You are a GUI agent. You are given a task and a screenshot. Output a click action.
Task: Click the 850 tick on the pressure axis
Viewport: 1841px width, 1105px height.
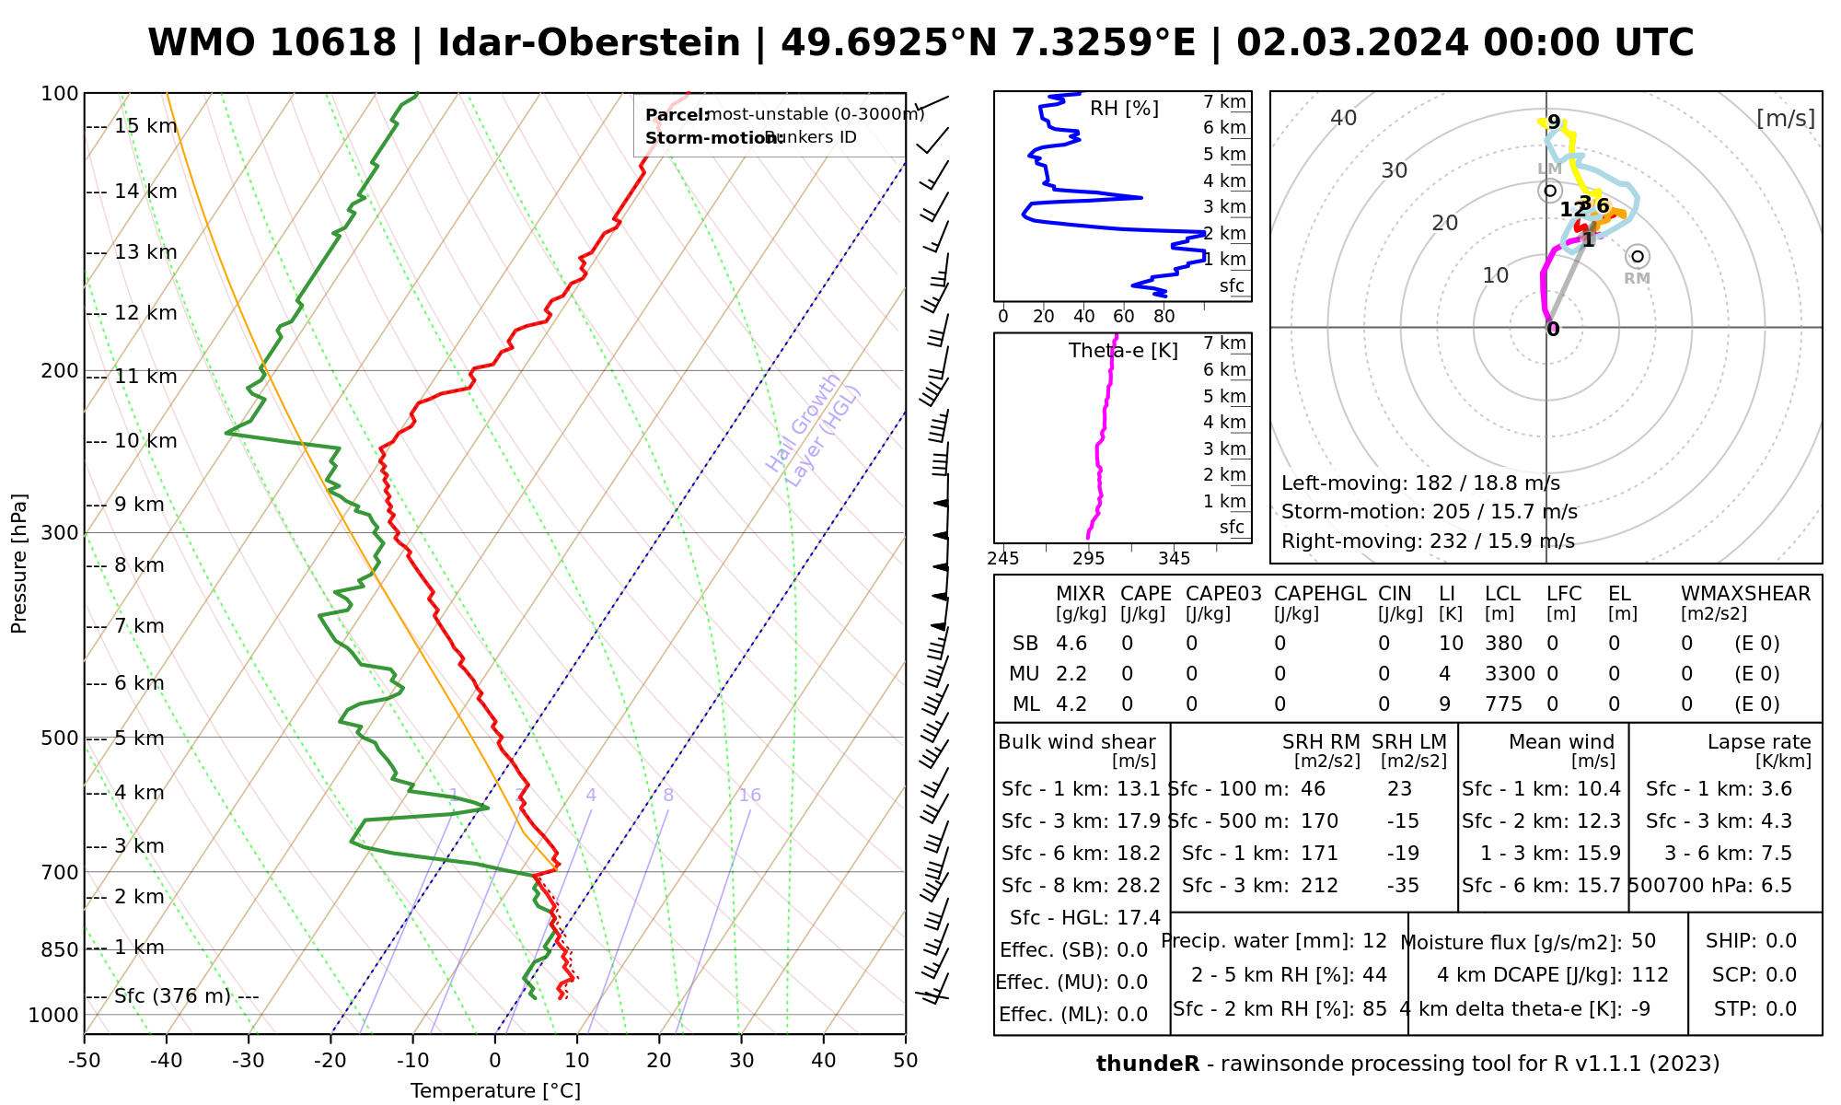[x=60, y=948]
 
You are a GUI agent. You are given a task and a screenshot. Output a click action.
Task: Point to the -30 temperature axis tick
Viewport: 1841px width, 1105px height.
[x=249, y=1061]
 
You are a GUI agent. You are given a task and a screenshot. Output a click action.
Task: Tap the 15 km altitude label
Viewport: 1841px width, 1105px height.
[x=145, y=126]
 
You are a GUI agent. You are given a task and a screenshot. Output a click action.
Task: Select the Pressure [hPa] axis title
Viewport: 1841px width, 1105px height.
[x=19, y=564]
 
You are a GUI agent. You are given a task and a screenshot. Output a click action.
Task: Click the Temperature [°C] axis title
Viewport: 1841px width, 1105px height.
[x=495, y=1091]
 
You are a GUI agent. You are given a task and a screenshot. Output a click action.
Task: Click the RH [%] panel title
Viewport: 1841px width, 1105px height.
[x=1124, y=109]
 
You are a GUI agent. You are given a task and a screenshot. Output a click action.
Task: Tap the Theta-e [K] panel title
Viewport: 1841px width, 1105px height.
[x=1123, y=351]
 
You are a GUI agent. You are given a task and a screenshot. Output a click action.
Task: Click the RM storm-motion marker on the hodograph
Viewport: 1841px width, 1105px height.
[x=1637, y=256]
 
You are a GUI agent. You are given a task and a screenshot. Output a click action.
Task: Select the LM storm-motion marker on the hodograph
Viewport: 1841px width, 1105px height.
[x=1550, y=191]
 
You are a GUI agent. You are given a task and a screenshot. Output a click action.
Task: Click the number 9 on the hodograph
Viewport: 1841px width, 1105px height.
[x=1554, y=122]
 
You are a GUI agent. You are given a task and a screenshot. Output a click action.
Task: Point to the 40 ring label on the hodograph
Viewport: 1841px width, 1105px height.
[x=1344, y=118]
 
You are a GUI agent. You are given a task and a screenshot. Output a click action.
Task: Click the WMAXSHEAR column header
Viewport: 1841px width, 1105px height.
[x=1745, y=594]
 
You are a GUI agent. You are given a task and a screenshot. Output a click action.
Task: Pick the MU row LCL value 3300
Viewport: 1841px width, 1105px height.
[x=1510, y=674]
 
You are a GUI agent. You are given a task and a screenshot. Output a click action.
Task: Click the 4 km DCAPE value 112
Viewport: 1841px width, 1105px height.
[x=1650, y=975]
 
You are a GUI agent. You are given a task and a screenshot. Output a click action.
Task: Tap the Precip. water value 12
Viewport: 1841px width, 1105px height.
[x=1374, y=941]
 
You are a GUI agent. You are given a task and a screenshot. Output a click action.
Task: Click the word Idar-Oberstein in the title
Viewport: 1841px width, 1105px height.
[x=588, y=43]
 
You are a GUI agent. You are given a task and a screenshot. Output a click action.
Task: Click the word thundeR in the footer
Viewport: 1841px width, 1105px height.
[x=1147, y=1064]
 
